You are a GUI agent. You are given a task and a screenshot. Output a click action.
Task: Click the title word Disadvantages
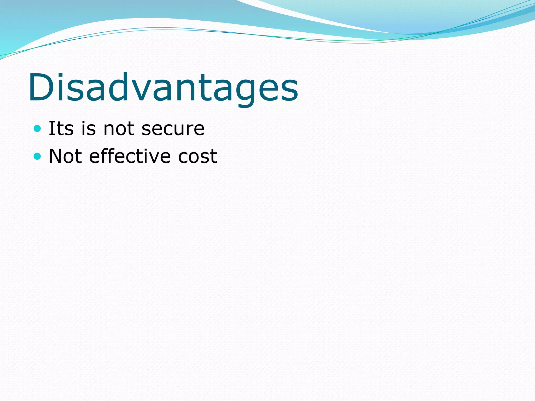[x=163, y=87]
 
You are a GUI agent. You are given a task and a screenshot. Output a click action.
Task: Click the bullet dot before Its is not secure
[x=38, y=128]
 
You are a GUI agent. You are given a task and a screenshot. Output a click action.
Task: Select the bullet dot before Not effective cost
[x=38, y=156]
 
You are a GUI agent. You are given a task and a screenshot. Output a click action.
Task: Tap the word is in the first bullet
[x=89, y=128]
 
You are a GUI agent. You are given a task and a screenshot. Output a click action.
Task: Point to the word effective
[x=130, y=156]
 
